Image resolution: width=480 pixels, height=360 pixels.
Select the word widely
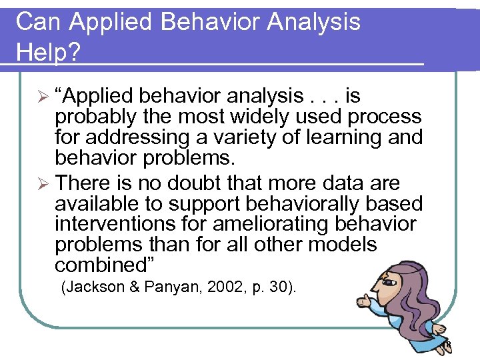pyautogui.click(x=259, y=117)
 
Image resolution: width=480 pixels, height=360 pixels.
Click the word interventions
pyautogui.click(x=114, y=224)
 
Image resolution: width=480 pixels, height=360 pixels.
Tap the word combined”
pyautogui.click(x=105, y=265)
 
